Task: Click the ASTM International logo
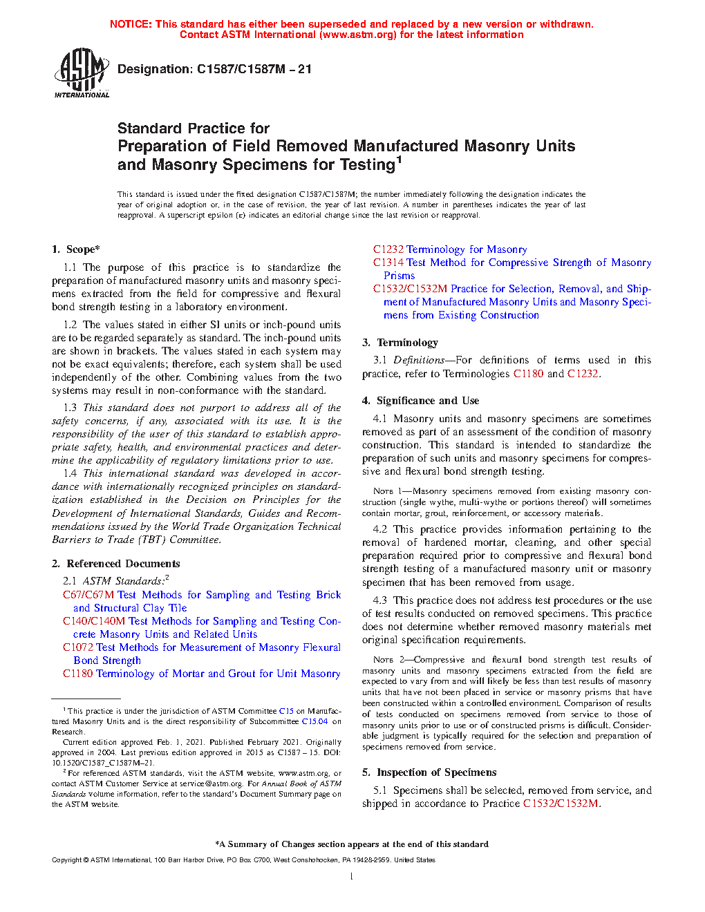click(x=82, y=73)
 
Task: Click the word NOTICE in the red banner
click(x=130, y=24)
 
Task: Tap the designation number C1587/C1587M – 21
click(x=254, y=69)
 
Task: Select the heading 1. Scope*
click(x=76, y=249)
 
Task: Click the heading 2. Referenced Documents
click(x=116, y=564)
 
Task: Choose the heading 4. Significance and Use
click(x=420, y=401)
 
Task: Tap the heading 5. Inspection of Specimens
click(x=429, y=772)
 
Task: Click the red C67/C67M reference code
click(x=88, y=595)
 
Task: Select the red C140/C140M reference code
click(x=94, y=621)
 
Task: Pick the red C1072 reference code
click(x=78, y=647)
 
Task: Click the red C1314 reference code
click(x=388, y=263)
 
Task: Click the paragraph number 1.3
click(x=70, y=408)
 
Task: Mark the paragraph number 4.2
click(x=380, y=529)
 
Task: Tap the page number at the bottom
click(x=352, y=877)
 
